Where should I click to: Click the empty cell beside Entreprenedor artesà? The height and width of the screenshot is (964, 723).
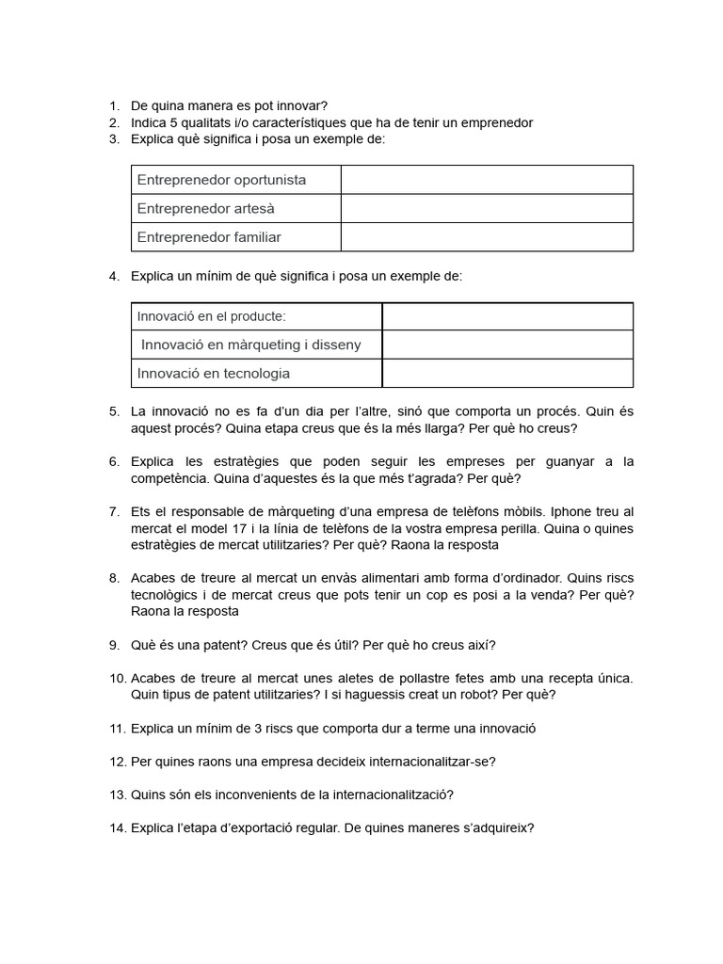[487, 208]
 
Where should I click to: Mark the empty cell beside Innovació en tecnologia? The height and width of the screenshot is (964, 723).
[507, 374]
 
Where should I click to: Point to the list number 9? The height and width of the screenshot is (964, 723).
[114, 645]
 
